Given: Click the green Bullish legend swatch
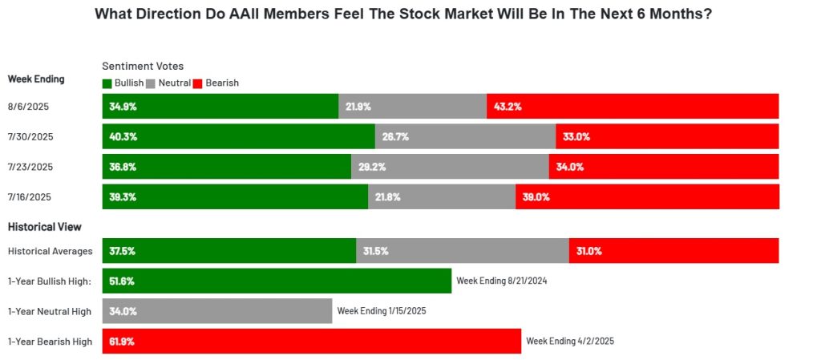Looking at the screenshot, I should click(x=107, y=83).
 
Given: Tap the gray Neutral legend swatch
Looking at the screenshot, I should click(x=153, y=83).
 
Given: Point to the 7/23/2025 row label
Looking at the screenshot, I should click(x=30, y=167).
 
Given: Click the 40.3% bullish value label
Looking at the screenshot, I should click(x=123, y=136).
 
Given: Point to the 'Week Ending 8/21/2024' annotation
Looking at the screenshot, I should click(x=502, y=281).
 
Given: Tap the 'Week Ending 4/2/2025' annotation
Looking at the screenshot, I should click(x=569, y=341).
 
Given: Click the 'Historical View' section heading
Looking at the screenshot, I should click(x=44, y=227).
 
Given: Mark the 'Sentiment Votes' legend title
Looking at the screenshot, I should click(x=143, y=67).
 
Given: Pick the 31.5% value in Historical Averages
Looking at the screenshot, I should click(x=375, y=251).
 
